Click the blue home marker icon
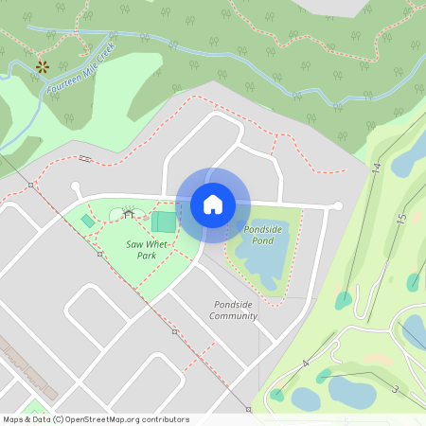pos(213,204)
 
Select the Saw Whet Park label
pos(148,250)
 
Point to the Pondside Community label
pos(234,311)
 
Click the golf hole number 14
pos(376,168)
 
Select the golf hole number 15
pos(400,218)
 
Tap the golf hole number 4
pos(306,364)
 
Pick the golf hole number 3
pos(394,389)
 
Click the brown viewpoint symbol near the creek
pos(42,66)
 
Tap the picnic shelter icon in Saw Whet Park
pos(128,214)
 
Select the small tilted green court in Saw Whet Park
pos(88,221)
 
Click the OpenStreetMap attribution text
pos(95,419)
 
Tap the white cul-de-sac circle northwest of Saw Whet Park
pos(76,186)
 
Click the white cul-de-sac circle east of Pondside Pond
pos(337,205)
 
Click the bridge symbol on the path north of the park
pos(84,157)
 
